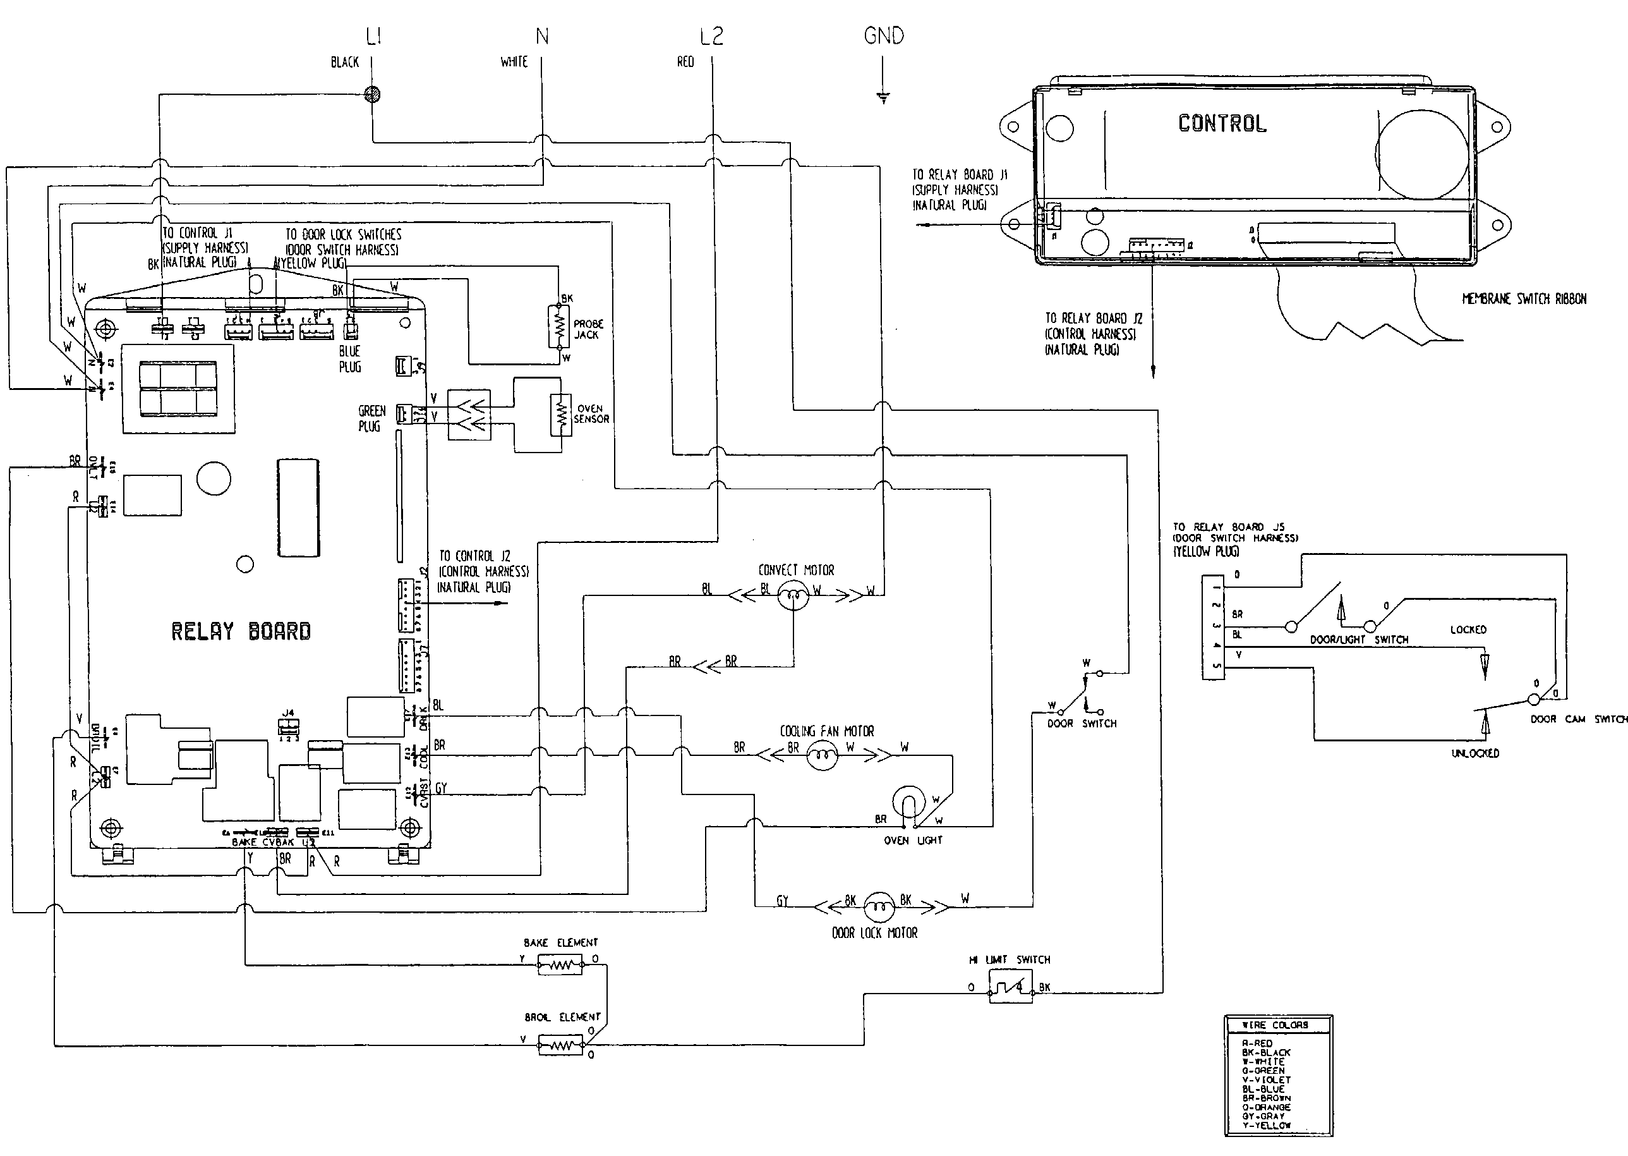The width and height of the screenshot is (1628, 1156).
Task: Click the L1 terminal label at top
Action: click(373, 36)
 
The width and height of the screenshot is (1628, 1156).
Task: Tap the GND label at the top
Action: click(883, 35)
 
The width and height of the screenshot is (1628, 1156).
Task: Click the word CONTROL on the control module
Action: click(1222, 124)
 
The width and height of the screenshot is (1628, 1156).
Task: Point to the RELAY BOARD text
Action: click(241, 631)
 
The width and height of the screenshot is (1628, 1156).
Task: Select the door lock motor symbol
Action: click(879, 906)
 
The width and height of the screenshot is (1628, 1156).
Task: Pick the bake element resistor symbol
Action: click(560, 966)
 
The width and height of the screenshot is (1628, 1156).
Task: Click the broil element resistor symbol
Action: click(560, 1045)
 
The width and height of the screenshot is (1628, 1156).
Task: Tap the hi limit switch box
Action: click(1010, 987)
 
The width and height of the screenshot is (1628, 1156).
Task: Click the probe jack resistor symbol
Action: click(559, 327)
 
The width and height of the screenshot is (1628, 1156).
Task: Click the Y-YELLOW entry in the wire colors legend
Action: click(1266, 1126)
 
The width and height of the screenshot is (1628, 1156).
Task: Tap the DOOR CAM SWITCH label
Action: click(1579, 719)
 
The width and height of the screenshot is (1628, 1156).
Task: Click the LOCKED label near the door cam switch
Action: click(1468, 630)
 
